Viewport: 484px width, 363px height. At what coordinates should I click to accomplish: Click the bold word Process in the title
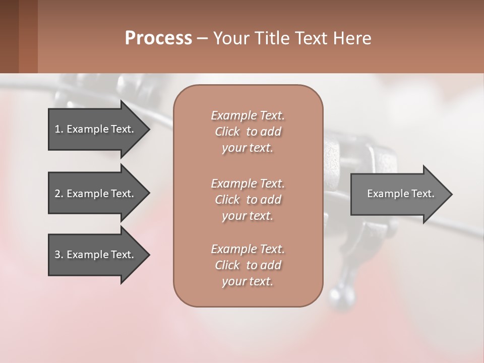coord(158,38)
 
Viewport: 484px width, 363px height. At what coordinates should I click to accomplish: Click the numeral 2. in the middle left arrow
coord(58,194)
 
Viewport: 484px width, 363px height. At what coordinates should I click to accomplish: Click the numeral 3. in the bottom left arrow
coord(58,255)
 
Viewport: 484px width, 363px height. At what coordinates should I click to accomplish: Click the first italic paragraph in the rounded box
coord(248,132)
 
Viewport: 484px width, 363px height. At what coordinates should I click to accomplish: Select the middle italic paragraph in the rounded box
coord(248,200)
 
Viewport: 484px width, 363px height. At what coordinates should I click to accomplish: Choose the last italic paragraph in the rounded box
coord(248,265)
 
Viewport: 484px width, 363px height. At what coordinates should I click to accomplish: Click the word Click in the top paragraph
coord(227,132)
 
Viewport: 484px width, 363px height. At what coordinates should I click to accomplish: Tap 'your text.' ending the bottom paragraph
coord(248,281)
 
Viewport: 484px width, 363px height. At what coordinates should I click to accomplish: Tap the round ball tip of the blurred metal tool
coord(337,295)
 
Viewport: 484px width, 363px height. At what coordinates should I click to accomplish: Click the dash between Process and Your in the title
coord(203,38)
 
